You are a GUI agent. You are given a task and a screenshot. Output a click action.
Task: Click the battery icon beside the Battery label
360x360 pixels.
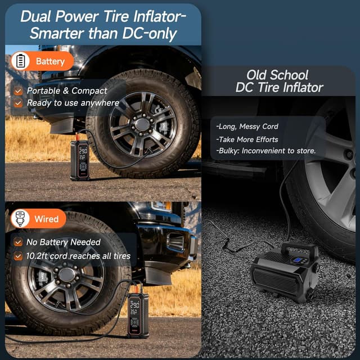tap(21, 61)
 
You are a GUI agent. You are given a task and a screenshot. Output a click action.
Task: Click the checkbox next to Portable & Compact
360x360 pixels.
tap(19, 91)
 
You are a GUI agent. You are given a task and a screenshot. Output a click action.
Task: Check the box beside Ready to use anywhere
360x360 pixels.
tap(19, 103)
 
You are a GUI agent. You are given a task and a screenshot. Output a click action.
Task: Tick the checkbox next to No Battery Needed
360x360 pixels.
tap(19, 242)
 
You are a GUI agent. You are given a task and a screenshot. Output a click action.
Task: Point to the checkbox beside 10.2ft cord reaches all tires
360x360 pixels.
tap(19, 256)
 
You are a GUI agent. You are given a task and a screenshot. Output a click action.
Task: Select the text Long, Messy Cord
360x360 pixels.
tap(247, 127)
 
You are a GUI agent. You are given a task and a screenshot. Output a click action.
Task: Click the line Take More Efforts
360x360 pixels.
tap(247, 139)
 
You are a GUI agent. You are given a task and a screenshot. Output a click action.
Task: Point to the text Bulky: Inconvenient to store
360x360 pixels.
tap(266, 151)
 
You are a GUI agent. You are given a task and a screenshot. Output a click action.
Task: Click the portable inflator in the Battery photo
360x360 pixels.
tap(79, 160)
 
